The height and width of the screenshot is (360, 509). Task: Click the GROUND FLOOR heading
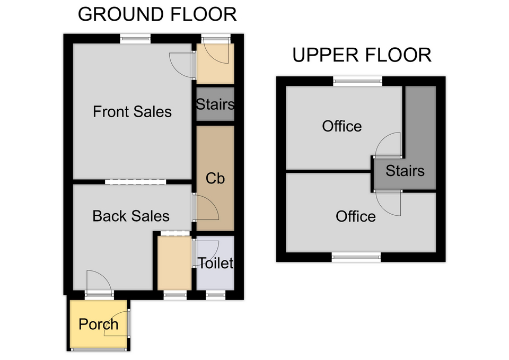[x=157, y=15]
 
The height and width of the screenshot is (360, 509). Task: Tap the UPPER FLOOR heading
[x=362, y=55]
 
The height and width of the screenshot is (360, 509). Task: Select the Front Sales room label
[x=132, y=112]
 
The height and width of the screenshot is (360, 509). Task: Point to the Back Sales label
[x=131, y=216]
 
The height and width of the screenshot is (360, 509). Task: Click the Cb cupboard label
[x=215, y=178]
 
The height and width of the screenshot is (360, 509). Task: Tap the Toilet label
[x=216, y=263]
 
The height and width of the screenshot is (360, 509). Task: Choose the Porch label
[x=99, y=324]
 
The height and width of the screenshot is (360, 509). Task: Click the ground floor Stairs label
[x=215, y=104]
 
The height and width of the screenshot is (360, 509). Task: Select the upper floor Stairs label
[x=405, y=171]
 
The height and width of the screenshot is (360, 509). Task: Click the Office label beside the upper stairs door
[x=342, y=126]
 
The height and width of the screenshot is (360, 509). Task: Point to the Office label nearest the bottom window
[x=355, y=216]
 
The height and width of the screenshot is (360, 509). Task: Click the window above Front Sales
[x=135, y=39]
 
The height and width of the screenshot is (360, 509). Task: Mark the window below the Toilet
[x=216, y=295]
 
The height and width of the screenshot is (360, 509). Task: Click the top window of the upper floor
[x=358, y=81]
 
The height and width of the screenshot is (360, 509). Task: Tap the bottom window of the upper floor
[x=356, y=257]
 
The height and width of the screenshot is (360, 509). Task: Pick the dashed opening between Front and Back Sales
[x=135, y=182]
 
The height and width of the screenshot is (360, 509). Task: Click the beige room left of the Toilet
[x=174, y=263]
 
